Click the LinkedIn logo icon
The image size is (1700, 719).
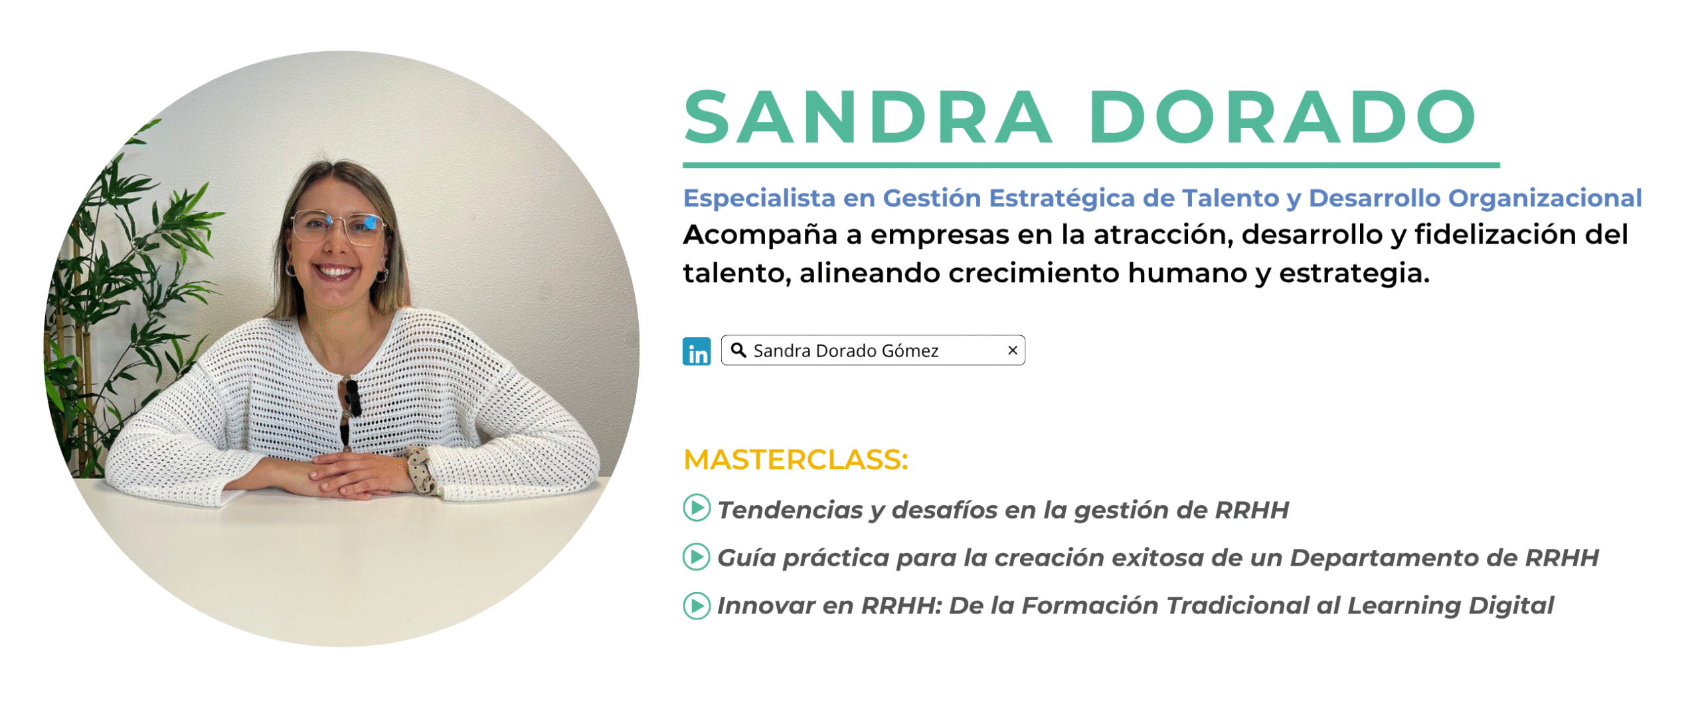tap(696, 351)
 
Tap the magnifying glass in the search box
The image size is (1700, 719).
tap(738, 349)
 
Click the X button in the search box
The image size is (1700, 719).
tap(1012, 350)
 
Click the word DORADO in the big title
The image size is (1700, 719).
tap(1282, 118)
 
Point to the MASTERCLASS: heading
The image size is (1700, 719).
tap(796, 459)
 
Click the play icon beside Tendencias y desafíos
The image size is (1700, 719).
tap(697, 508)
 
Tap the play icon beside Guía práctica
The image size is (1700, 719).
tap(697, 556)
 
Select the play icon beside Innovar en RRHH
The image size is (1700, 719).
tap(697, 605)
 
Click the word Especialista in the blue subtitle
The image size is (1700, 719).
tap(759, 199)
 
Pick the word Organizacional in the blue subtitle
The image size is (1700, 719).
tap(1545, 199)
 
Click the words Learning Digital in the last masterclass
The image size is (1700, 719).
tap(1450, 605)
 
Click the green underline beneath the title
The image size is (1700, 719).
tap(1091, 165)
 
